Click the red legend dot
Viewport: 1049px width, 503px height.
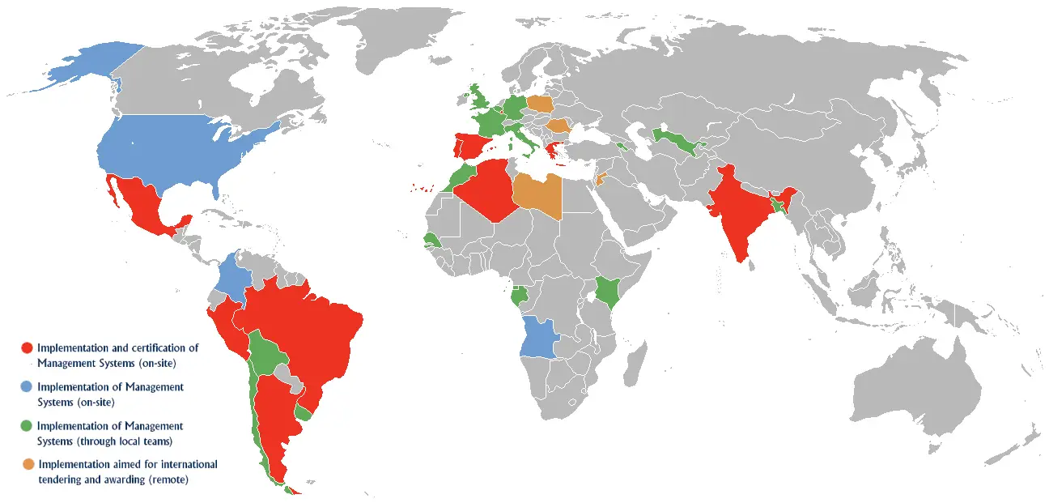point(27,347)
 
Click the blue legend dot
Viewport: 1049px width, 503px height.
point(27,387)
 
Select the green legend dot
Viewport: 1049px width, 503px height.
point(27,426)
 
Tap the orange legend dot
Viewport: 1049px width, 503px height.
point(28,465)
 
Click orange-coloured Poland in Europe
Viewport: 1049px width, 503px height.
point(541,104)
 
